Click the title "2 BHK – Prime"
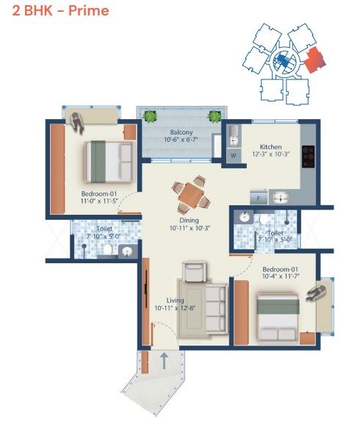(x=56, y=11)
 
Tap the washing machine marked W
(x=233, y=155)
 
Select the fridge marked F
(x=259, y=197)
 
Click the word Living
(x=175, y=300)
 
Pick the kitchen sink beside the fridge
(x=281, y=197)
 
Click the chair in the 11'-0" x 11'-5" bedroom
(x=77, y=121)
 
